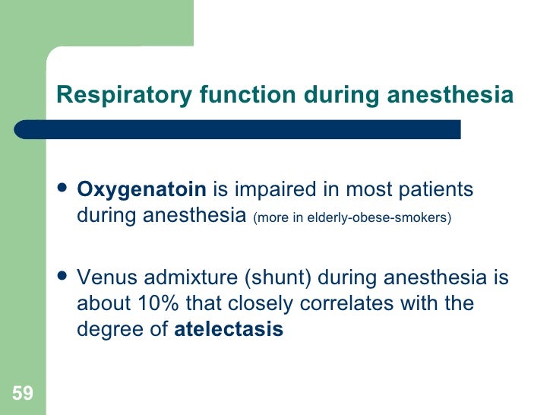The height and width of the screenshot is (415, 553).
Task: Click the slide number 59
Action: point(22,393)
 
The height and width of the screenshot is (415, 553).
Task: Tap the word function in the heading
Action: point(248,95)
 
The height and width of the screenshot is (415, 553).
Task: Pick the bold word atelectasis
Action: point(229,331)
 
